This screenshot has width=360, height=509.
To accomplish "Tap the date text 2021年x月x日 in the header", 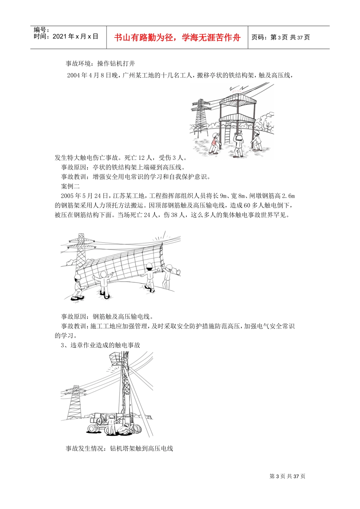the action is (75, 37).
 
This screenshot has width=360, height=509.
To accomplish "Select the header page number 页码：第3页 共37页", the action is (281, 37).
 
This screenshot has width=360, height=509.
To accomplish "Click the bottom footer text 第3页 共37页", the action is (287, 476).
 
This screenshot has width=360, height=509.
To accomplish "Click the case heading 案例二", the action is (70, 186).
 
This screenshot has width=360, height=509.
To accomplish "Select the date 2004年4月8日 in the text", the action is (88, 75).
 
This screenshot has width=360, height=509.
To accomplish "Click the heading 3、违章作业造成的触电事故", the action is (100, 345).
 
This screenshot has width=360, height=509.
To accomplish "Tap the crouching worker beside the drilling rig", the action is (125, 430).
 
